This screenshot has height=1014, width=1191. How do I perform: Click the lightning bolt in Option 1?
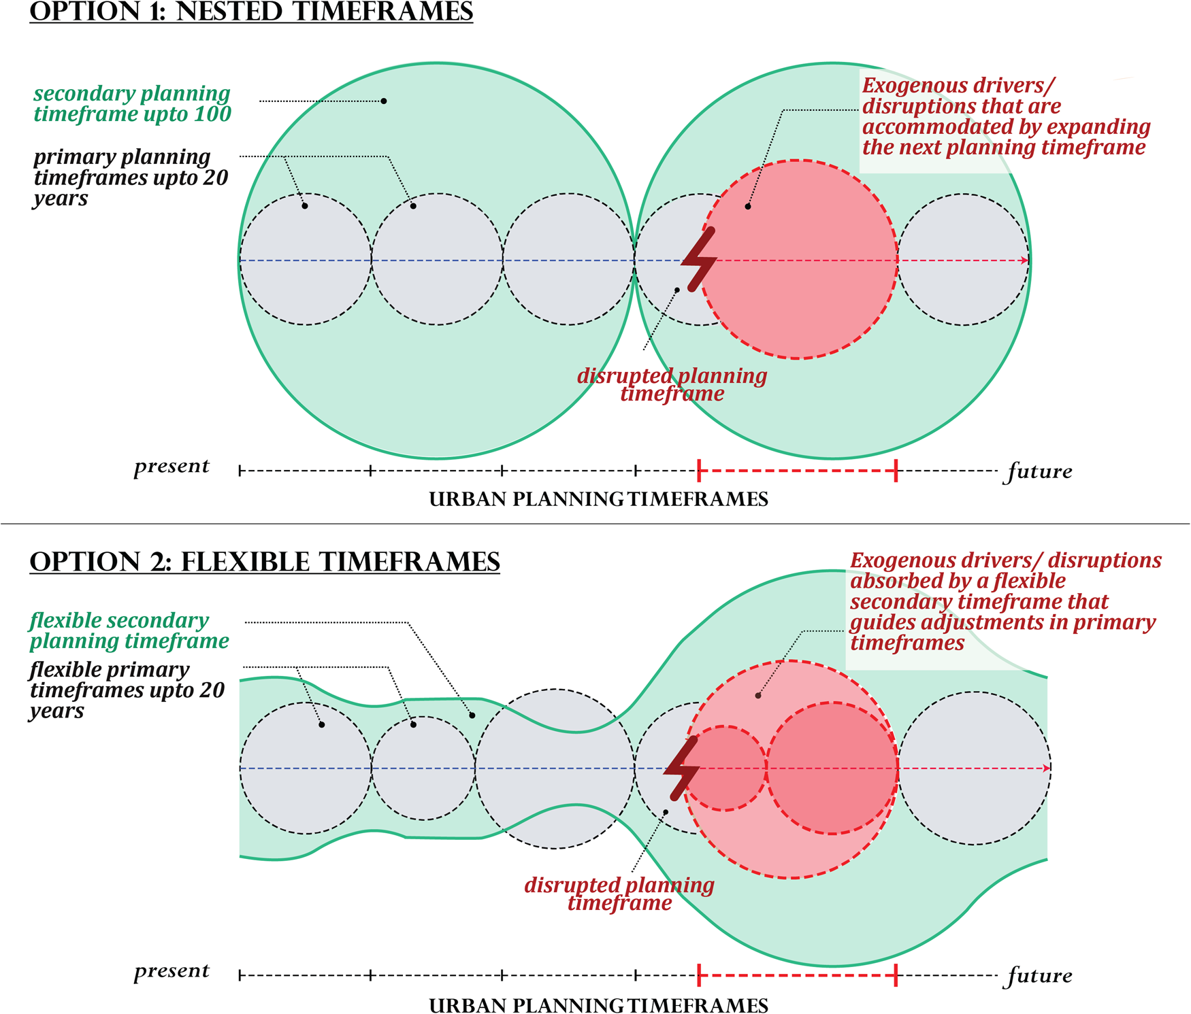point(701,260)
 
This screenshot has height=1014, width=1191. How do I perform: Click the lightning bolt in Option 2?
point(682,768)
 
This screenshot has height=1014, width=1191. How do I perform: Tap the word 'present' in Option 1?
point(172,467)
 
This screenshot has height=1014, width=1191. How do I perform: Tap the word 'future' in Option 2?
point(1039,976)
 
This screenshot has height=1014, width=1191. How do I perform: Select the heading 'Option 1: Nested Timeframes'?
point(251,12)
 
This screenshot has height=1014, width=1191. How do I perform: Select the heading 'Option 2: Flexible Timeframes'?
point(265,562)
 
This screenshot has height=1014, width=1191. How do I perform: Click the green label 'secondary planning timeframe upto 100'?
point(132,103)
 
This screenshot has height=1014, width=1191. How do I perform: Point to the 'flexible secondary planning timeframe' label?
point(129,630)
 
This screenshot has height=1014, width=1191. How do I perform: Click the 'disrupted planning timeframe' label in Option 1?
point(672,385)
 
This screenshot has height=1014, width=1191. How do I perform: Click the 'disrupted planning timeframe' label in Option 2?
point(619,894)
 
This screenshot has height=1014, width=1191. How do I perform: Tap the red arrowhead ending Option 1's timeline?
point(1024,260)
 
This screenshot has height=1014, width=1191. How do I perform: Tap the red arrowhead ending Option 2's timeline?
point(1046,768)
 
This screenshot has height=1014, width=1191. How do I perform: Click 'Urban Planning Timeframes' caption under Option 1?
point(598,499)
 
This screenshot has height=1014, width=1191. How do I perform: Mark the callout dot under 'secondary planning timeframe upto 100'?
point(384,101)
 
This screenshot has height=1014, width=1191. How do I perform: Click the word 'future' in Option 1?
point(1039,471)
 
